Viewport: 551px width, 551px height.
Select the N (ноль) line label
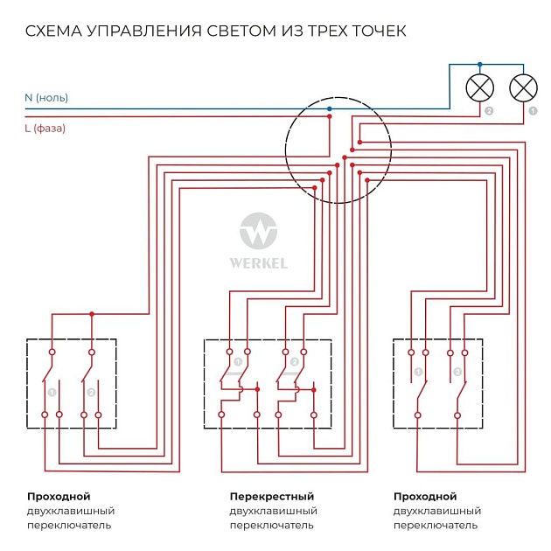[x=46, y=97]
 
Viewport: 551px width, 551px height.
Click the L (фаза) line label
[x=45, y=129]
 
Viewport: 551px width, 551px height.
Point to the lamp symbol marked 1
[x=523, y=87]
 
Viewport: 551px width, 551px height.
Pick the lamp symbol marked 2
[x=479, y=87]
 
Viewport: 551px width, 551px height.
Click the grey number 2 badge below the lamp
[x=489, y=112]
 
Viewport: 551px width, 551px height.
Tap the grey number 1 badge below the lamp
[x=533, y=112]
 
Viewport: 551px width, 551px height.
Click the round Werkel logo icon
[x=258, y=232]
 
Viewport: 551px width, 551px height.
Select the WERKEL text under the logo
[x=258, y=262]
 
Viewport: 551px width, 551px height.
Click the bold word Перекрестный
[x=272, y=497]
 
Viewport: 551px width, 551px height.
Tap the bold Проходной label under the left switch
[x=59, y=497]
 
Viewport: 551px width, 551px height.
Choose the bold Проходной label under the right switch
[x=425, y=497]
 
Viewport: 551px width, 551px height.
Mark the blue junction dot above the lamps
[x=479, y=65]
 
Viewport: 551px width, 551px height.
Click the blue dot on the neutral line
[x=330, y=108]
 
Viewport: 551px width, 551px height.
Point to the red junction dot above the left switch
[x=91, y=314]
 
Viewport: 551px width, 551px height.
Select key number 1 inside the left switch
[x=52, y=392]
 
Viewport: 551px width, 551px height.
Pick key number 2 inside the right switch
[x=457, y=373]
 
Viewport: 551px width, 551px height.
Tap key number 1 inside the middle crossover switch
[x=238, y=361]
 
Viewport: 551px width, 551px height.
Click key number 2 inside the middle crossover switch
[x=294, y=361]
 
